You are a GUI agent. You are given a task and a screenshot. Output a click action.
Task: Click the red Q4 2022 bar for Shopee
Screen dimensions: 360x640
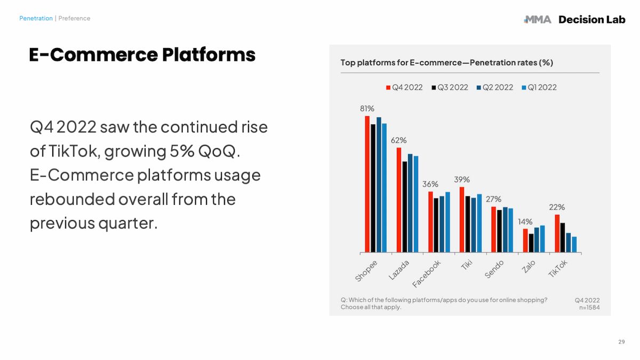coord(367,184)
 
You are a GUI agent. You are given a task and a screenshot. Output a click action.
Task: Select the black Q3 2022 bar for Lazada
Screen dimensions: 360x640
coord(405,207)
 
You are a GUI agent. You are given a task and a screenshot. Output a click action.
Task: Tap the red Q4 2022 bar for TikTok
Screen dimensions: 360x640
coord(557,234)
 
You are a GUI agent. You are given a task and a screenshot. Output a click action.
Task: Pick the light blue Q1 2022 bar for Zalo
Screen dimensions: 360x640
coord(542,239)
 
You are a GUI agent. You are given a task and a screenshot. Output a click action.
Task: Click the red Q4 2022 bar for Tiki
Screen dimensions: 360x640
coord(462,219)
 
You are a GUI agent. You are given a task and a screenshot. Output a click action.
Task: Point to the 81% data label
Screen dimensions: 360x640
coord(367,108)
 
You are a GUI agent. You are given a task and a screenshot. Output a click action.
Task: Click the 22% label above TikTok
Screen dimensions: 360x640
coord(557,207)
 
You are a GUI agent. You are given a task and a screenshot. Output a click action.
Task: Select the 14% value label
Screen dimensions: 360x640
coord(525,221)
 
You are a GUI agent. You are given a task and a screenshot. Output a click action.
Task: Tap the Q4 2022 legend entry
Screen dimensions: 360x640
coord(404,87)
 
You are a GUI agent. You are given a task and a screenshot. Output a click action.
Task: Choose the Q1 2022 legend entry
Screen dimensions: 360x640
coord(539,87)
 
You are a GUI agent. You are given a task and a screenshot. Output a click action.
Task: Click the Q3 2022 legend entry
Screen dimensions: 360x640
coord(450,87)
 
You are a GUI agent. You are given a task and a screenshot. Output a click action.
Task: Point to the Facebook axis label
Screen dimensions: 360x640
coord(427,274)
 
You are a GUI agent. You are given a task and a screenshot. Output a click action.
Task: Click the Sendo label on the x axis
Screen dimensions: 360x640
coord(494,269)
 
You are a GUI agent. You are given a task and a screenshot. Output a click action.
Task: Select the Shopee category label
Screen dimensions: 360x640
coord(366,270)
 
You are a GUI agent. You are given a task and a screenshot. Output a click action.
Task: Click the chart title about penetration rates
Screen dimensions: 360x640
coord(446,62)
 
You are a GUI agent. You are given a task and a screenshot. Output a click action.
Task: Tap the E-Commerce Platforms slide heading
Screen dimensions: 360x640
coord(142,54)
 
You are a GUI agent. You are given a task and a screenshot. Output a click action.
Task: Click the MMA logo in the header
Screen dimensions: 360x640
coord(537,20)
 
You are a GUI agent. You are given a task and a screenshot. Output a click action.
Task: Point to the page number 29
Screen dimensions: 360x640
coord(621,342)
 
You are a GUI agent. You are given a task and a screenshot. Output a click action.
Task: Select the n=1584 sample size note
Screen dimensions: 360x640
coord(589,307)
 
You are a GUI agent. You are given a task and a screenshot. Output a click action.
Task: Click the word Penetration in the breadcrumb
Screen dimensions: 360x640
coord(36,18)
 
